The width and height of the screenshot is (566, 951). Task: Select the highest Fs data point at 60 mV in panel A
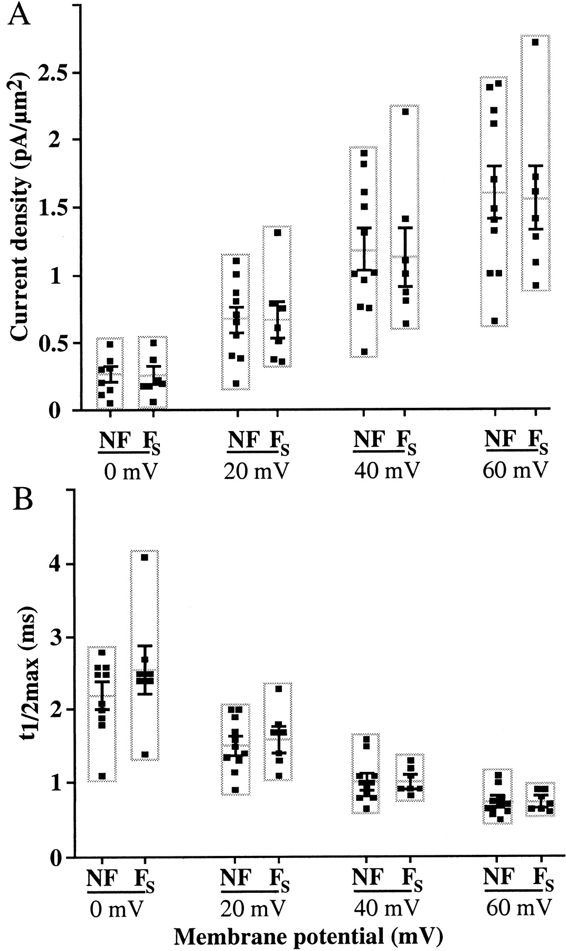pos(535,42)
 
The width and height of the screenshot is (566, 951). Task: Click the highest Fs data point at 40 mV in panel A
pos(405,111)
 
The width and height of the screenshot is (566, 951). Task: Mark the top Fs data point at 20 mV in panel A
pos(278,232)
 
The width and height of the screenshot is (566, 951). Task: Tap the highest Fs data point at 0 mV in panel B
pos(145,557)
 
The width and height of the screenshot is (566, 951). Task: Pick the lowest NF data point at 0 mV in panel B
pos(102,777)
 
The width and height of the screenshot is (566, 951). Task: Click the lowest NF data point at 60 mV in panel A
pos(494,321)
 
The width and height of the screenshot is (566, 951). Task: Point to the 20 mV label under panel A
pos(257,471)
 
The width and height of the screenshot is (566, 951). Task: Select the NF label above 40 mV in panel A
pos(370,440)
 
